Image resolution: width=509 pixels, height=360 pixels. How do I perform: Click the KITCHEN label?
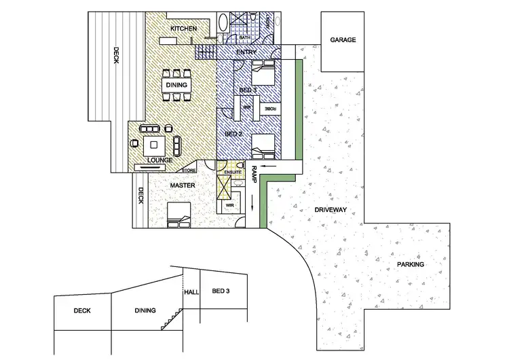[183, 29]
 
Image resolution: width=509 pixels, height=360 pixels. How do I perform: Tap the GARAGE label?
[343, 40]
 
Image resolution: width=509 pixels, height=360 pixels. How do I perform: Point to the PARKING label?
[410, 264]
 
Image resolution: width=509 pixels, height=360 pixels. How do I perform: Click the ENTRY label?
[246, 52]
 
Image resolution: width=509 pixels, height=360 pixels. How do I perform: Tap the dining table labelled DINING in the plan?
[176, 85]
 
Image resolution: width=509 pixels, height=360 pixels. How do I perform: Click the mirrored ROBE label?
[269, 108]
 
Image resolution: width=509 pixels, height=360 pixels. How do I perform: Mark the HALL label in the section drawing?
[192, 293]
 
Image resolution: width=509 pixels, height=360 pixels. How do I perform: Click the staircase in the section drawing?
[171, 318]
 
